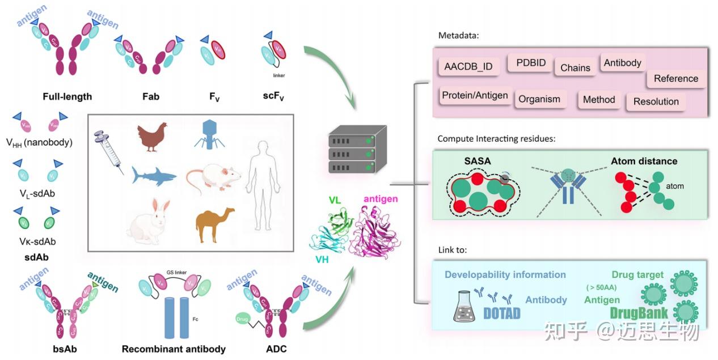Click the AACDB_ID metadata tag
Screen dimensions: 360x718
tap(468, 67)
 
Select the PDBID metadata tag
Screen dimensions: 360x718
tap(531, 62)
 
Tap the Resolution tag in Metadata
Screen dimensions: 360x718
tap(656, 101)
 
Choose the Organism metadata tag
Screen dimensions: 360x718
tap(539, 99)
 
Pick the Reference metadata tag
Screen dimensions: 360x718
tap(676, 78)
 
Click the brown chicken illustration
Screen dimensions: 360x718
tap(153, 137)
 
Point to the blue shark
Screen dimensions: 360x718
tap(153, 175)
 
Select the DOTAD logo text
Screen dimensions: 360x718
tap(501, 313)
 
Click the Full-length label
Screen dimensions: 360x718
tap(67, 96)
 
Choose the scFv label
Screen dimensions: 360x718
tap(273, 97)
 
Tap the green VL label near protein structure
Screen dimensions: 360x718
tap(334, 200)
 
